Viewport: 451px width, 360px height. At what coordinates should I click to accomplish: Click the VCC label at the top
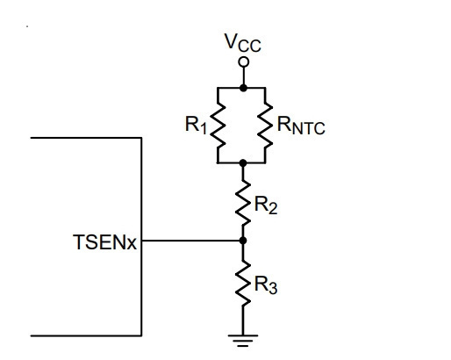pos(242,43)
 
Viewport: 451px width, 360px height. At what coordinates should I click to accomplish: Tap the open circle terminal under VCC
pos(243,62)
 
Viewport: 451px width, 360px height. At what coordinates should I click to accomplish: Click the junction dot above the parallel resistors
pos(243,88)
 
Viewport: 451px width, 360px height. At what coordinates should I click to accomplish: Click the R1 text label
pos(196,125)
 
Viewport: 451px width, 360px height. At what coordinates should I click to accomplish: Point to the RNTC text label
pos(301,126)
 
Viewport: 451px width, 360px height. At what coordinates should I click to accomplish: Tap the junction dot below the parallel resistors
pos(243,163)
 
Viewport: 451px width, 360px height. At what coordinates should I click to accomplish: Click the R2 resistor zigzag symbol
pos(243,203)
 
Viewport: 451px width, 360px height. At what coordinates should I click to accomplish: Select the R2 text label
pos(266,205)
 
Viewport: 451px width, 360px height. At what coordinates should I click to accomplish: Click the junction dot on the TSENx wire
pos(243,241)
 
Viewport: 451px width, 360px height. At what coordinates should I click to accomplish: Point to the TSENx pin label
pos(104,242)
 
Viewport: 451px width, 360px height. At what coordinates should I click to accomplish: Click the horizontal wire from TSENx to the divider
pos(192,241)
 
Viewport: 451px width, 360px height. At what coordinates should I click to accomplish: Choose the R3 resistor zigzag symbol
pos(243,284)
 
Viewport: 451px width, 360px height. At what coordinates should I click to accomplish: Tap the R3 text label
pos(266,284)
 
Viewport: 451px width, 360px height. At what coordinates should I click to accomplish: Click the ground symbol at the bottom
pos(243,341)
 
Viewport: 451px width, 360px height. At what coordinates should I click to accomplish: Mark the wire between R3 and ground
pos(243,320)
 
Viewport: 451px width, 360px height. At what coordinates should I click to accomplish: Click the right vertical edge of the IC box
pos(141,236)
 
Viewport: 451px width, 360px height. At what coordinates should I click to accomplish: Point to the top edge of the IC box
pos(86,138)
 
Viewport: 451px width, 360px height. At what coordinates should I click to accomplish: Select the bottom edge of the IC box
pos(86,335)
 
